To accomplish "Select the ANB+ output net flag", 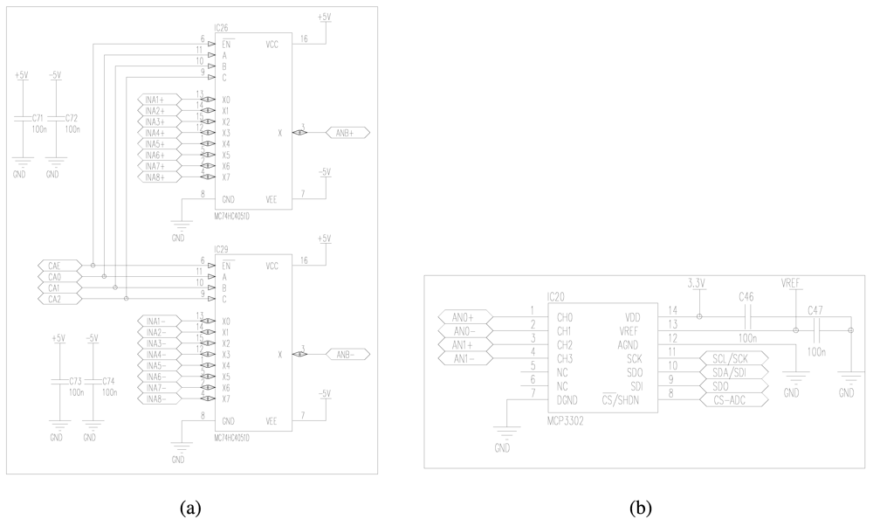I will point(347,133).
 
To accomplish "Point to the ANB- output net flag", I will point(347,354).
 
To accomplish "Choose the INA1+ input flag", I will point(158,99).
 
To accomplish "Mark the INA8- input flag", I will point(158,398).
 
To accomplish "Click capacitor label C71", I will point(38,116).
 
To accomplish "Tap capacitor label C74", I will point(109,382).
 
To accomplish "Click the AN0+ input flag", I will point(464,316).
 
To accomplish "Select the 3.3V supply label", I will point(697,284).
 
